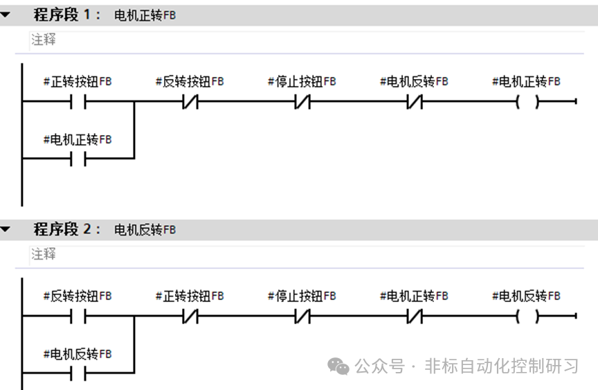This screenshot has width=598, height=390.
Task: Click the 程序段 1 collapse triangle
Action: [5, 15]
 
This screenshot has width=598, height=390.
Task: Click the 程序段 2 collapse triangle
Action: [5, 229]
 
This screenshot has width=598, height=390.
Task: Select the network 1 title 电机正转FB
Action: [145, 15]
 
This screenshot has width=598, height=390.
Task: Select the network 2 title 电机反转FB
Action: [145, 230]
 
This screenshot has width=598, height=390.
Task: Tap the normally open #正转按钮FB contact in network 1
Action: [78, 102]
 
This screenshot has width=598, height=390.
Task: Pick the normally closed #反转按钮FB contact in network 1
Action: [190, 102]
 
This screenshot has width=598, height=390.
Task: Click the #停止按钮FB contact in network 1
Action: [302, 102]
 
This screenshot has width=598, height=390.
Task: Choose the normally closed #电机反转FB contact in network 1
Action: [415, 102]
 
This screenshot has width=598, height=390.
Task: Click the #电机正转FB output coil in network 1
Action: [527, 102]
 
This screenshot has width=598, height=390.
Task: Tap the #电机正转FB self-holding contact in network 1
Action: [78, 159]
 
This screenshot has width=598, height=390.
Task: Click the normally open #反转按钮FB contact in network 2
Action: [78, 317]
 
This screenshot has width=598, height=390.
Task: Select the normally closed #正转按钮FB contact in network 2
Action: [190, 317]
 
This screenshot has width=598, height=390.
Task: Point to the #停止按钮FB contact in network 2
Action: [302, 317]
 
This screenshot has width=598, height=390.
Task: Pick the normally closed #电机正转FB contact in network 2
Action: [415, 317]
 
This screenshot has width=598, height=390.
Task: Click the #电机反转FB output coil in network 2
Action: [527, 317]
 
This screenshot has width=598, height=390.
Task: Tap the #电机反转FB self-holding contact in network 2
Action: [78, 373]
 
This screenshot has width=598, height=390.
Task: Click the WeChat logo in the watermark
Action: [338, 366]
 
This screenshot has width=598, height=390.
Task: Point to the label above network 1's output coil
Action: [526, 81]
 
